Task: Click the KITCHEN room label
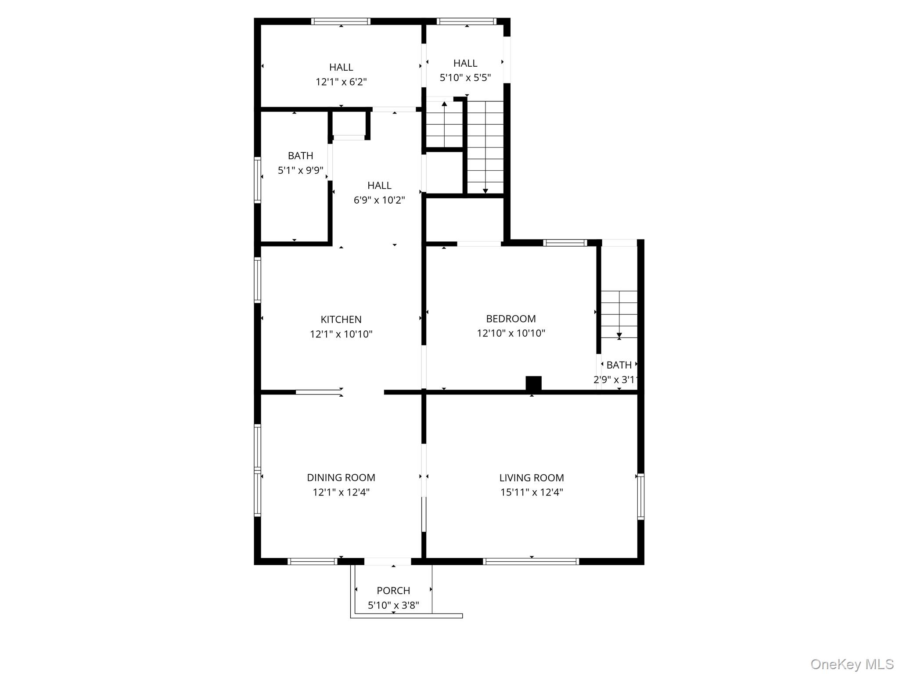(341, 319)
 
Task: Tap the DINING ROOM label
(341, 477)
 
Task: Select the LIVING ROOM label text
(531, 477)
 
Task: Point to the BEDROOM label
(511, 319)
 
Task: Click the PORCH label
(393, 591)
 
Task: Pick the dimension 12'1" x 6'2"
(341, 82)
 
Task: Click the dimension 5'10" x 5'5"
(465, 78)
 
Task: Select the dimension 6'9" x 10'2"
(379, 200)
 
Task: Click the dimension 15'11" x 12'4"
(531, 492)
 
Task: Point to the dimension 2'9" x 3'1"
(615, 380)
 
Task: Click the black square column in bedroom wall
(533, 383)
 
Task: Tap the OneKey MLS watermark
(852, 664)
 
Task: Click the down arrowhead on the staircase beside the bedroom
(619, 336)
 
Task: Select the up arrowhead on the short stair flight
(444, 104)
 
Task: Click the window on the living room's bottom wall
(531, 561)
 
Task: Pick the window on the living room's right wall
(640, 497)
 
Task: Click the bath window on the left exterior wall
(258, 180)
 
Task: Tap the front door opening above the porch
(388, 561)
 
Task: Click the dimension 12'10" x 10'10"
(511, 333)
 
